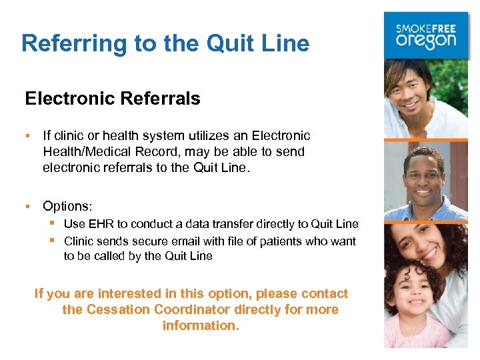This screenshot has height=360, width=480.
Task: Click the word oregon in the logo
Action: click(426, 40)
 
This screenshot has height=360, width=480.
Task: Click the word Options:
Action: click(67, 206)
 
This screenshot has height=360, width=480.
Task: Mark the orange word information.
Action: click(201, 326)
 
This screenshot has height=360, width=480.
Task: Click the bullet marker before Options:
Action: click(29, 206)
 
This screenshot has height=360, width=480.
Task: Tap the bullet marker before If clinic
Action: click(29, 135)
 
